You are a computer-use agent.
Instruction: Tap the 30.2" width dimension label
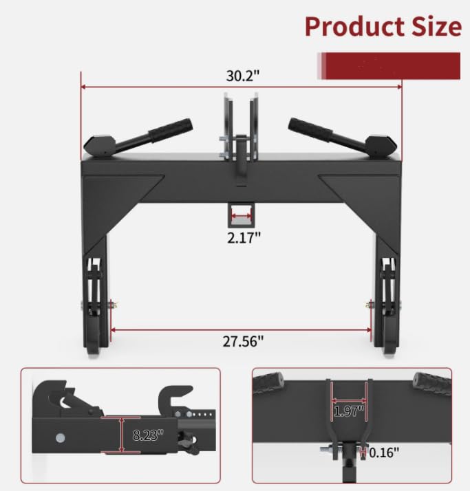242,76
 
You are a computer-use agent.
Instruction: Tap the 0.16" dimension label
383,453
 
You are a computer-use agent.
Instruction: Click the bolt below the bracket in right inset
337,451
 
